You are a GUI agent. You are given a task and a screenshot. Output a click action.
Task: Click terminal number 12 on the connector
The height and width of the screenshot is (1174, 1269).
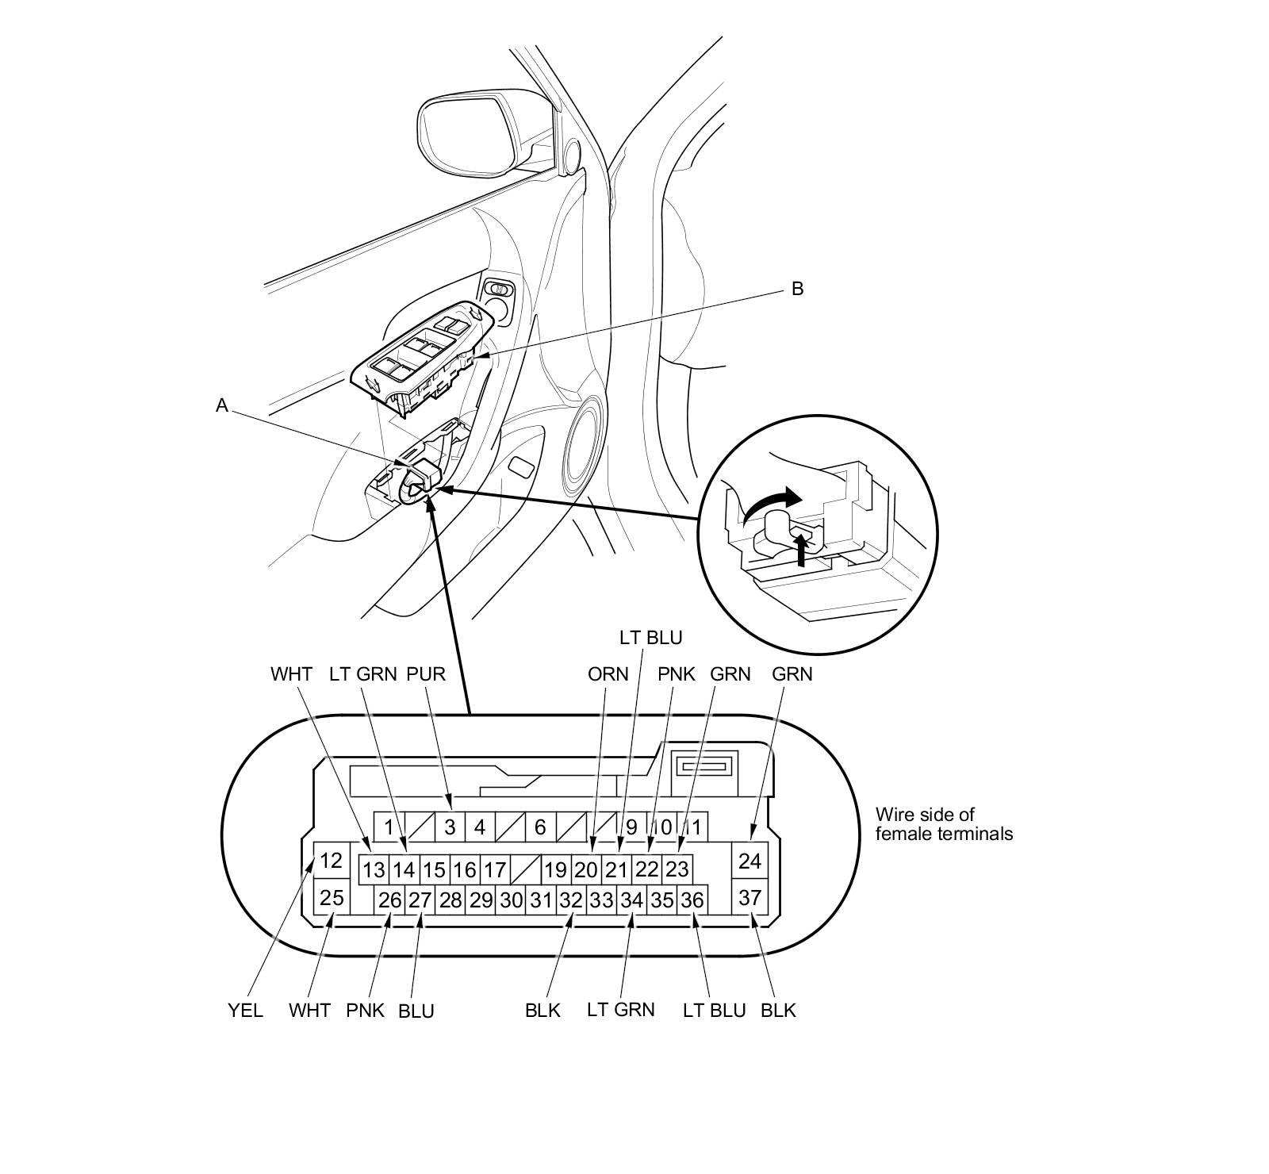[x=331, y=860]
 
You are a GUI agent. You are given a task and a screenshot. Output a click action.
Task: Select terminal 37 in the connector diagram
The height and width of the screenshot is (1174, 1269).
[x=750, y=898]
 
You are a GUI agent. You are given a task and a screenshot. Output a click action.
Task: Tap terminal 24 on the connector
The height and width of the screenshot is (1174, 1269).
[x=750, y=860]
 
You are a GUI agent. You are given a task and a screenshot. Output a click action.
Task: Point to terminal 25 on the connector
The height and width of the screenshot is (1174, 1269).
[x=331, y=898]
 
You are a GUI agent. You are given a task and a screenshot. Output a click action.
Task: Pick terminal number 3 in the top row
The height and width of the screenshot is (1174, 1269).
[x=450, y=827]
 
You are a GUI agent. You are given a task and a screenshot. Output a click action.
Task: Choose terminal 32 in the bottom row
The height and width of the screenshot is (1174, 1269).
[x=571, y=900]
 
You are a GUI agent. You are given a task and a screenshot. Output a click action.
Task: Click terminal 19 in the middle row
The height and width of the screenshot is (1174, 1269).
[x=555, y=870]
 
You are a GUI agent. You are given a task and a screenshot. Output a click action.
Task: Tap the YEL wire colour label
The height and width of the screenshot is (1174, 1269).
[x=245, y=1011]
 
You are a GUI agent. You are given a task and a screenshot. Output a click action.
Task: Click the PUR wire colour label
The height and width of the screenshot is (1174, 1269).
[x=426, y=674]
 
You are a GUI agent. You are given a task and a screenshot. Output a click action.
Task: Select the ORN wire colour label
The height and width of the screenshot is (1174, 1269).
[x=608, y=674]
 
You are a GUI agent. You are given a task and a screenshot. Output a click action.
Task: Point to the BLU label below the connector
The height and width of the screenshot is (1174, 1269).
[x=416, y=1011]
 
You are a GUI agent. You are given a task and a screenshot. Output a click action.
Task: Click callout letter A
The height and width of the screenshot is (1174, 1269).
[x=222, y=405]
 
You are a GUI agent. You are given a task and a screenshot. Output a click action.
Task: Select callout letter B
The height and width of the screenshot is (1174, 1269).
[x=797, y=289]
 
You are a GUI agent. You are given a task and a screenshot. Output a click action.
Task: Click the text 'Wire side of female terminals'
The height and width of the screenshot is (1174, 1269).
[x=944, y=823]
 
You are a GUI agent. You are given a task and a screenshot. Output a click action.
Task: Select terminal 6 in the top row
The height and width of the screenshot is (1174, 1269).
[x=540, y=827]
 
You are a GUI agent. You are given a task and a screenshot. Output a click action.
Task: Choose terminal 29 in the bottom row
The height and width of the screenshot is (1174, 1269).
[x=481, y=900]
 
